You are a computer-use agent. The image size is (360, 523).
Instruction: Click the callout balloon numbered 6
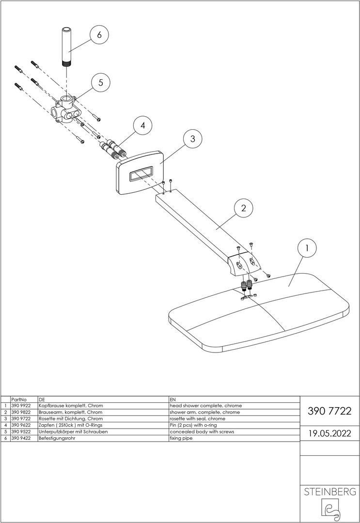99,35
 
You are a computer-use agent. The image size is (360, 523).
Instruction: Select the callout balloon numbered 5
101,82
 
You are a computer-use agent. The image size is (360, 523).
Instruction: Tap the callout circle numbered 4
142,126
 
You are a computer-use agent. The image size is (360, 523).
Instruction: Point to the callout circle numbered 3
192,139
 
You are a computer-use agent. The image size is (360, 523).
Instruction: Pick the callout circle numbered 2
244,209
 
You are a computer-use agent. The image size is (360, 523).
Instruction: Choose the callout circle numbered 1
306,248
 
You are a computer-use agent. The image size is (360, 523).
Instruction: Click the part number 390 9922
20,405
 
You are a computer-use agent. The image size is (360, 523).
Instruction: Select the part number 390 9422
20,437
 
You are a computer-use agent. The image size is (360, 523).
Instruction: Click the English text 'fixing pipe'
181,437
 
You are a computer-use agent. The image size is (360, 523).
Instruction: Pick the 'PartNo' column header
18,399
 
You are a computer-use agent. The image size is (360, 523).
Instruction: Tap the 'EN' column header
172,399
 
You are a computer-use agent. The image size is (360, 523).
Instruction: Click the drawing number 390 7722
329,412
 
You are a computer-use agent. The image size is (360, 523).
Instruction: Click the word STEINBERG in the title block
329,492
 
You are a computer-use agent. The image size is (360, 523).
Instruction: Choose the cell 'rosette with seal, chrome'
197,418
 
